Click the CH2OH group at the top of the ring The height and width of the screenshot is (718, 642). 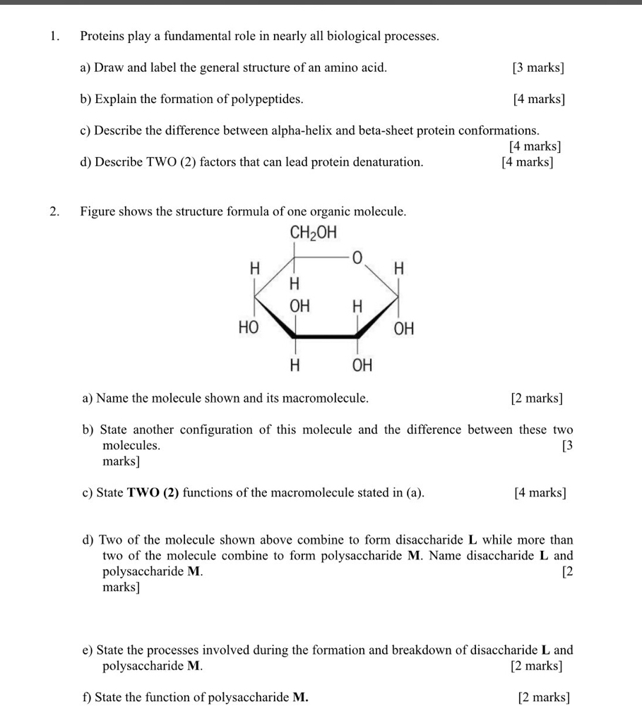coord(314,233)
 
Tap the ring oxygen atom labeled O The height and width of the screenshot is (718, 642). coord(357,260)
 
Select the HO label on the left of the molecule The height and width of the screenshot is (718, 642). coord(249,328)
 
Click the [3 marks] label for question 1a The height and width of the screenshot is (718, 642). coord(538,68)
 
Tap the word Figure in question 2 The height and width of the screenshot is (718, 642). coord(98,211)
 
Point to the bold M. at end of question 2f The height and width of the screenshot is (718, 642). coord(300,698)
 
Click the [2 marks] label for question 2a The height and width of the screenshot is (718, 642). coord(537,398)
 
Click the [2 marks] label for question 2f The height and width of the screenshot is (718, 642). coord(543,698)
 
